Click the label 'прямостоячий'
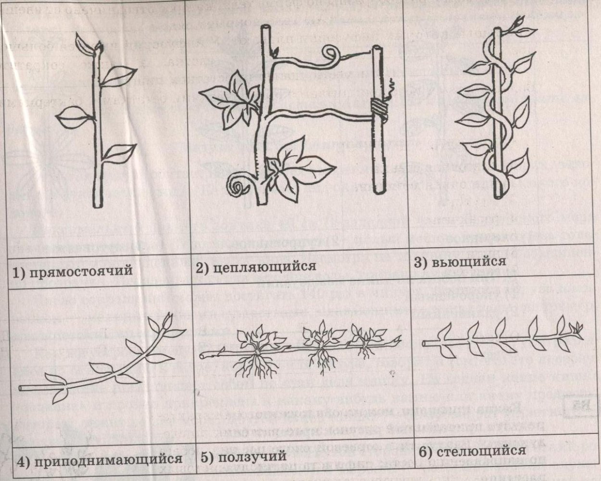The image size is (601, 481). coord(80,271)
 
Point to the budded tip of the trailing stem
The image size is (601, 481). coord(576,331)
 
